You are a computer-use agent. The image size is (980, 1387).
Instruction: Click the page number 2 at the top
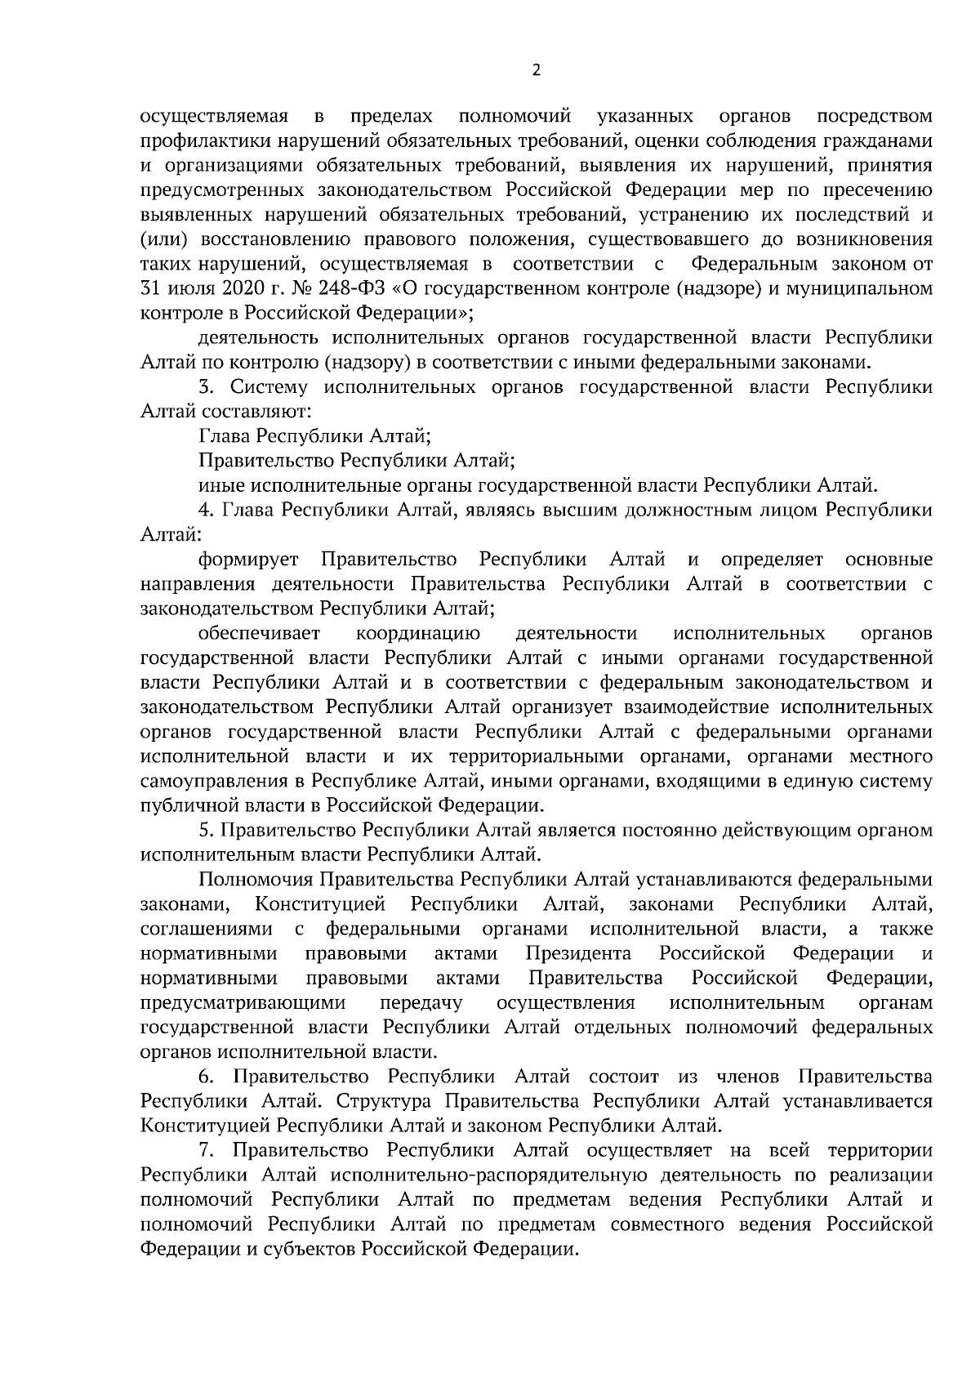click(x=536, y=70)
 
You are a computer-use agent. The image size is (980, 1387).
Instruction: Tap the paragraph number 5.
click(x=205, y=830)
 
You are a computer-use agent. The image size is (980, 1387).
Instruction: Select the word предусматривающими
click(x=243, y=1002)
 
